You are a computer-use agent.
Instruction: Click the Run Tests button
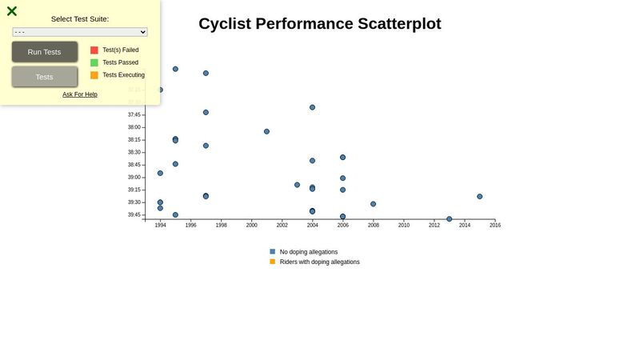point(45,52)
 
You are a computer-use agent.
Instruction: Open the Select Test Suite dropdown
point(80,32)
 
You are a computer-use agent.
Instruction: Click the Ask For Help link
point(80,94)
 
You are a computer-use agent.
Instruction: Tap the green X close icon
point(12,11)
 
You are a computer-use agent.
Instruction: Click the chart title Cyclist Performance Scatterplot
point(319,24)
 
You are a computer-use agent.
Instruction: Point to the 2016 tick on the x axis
point(495,225)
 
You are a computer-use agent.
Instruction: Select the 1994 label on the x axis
point(160,225)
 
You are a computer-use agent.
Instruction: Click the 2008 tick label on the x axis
point(374,225)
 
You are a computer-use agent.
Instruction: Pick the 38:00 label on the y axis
point(134,127)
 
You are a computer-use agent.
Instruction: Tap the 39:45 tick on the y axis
point(134,214)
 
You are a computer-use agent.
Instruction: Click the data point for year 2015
point(480,196)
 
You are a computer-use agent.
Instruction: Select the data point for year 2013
point(450,218)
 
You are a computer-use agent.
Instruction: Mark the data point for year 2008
point(374,204)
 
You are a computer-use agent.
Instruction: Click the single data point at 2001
point(266,131)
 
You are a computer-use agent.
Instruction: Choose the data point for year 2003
point(297,185)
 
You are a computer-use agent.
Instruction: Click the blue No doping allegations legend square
point(273,251)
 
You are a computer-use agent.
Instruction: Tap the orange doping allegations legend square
point(273,262)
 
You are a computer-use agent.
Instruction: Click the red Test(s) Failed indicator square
point(94,50)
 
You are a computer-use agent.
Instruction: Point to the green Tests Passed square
point(94,62)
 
